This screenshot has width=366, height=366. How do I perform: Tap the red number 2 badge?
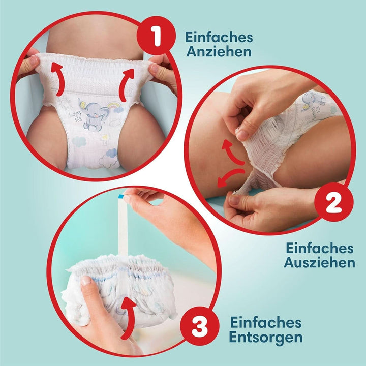[x=333, y=204]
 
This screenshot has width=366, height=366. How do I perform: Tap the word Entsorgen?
[x=266, y=337]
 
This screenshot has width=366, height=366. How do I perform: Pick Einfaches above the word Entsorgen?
[x=266, y=322]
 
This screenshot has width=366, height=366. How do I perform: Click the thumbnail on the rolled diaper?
[x=86, y=280]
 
